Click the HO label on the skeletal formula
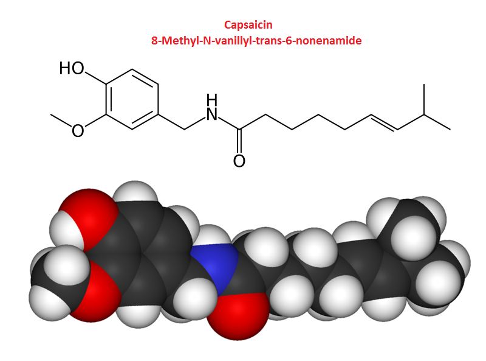[x=72, y=68]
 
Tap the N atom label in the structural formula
[x=211, y=114]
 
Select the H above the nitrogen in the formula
[x=211, y=99]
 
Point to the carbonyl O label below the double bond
[x=239, y=161]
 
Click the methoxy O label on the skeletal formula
[x=78, y=130]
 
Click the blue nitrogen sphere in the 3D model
[x=210, y=268]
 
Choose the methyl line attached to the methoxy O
[x=61, y=120]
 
